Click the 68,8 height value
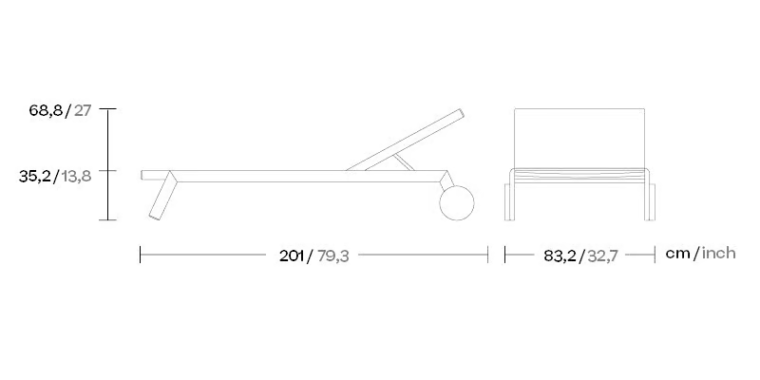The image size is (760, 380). [46, 110]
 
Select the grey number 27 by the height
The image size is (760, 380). [83, 110]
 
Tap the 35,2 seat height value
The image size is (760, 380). [35, 177]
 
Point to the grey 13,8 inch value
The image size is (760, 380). [77, 177]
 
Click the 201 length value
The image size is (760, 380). [292, 256]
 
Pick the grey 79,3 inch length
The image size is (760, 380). [333, 256]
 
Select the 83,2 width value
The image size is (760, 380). [560, 256]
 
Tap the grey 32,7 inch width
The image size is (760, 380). [602, 256]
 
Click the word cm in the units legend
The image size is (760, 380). [677, 253]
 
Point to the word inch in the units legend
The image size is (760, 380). [719, 253]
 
